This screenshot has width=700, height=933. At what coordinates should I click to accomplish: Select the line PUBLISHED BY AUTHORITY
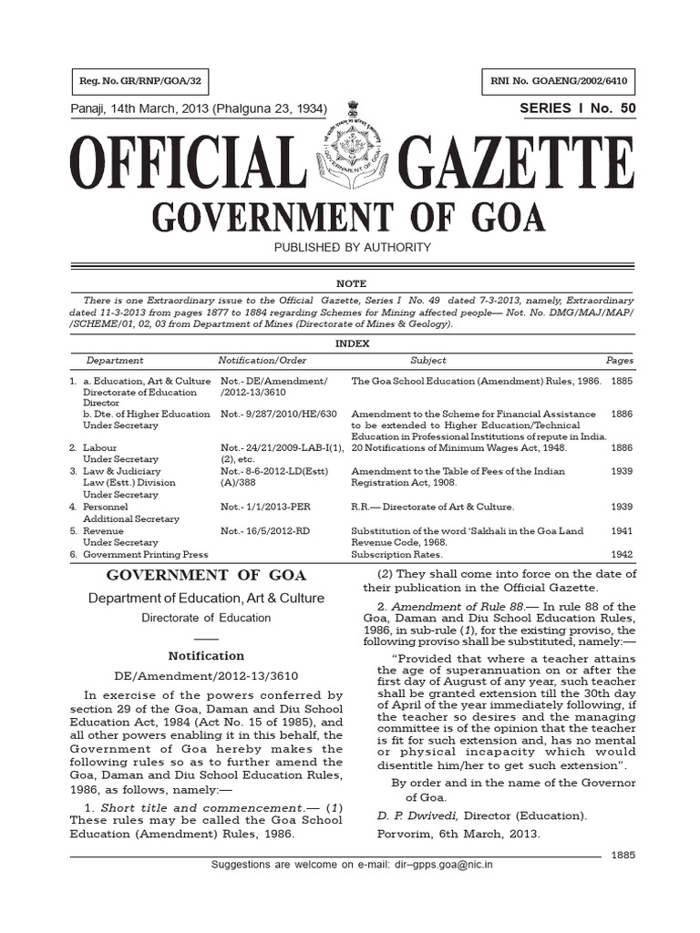pyautogui.click(x=351, y=247)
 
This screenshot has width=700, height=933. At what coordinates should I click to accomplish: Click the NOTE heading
pyautogui.click(x=351, y=284)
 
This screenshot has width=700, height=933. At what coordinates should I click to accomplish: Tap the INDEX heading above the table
pyautogui.click(x=351, y=343)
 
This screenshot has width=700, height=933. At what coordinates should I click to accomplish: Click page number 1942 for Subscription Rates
pyautogui.click(x=623, y=554)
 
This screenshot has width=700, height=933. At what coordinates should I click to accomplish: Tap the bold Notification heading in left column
pyautogui.click(x=207, y=655)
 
